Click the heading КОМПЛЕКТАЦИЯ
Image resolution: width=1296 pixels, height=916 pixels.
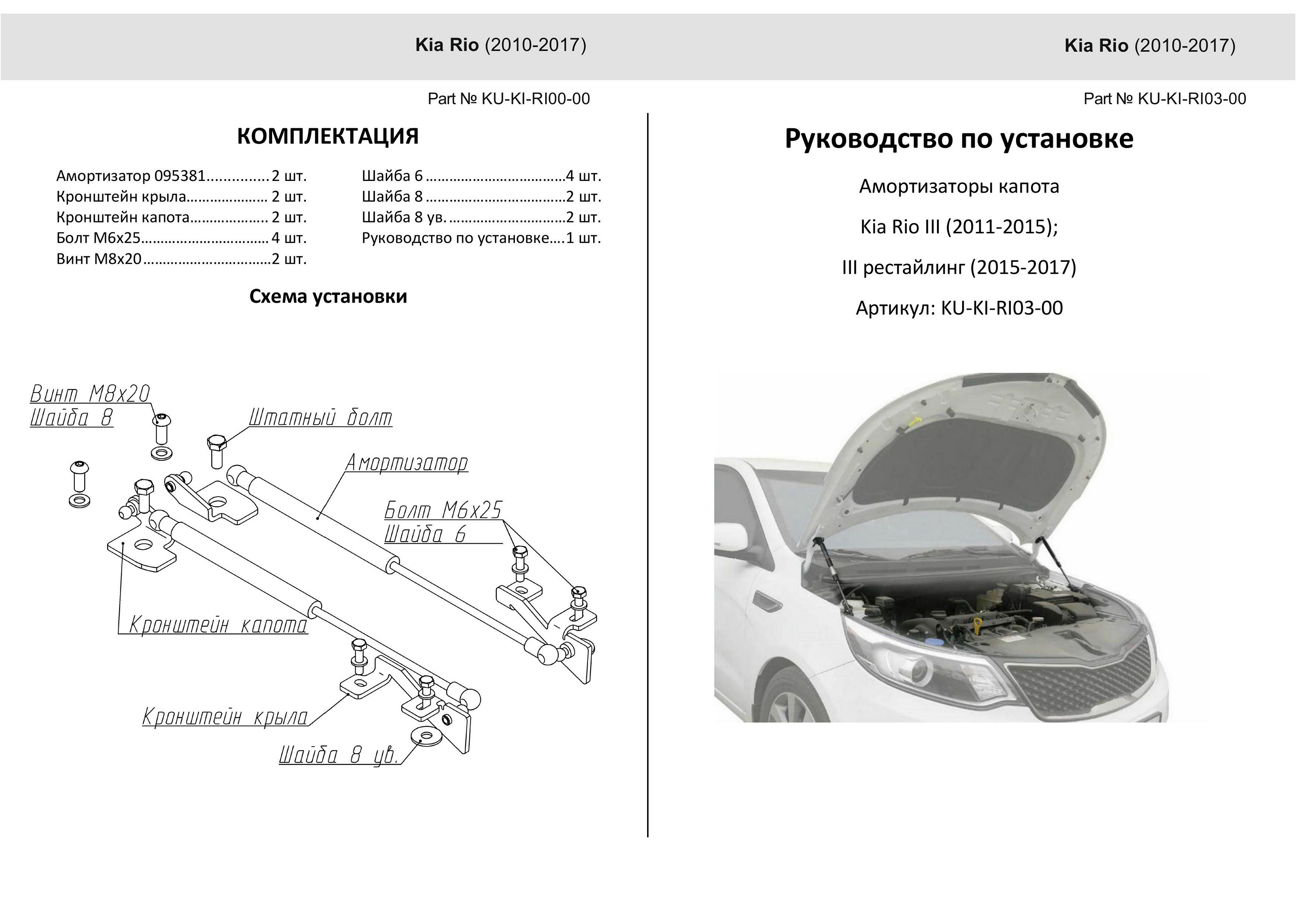327,136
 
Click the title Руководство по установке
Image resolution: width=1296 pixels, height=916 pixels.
959,139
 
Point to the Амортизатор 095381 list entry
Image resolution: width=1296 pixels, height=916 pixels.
181,176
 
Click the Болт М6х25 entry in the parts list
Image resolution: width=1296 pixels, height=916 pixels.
181,238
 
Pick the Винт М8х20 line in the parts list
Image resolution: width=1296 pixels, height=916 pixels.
181,259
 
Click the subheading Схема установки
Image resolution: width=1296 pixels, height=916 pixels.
328,296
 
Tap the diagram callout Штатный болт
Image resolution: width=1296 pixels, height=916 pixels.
320,418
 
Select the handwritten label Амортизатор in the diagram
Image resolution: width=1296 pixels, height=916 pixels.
407,463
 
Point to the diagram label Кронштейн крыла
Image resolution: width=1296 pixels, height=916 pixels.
225,717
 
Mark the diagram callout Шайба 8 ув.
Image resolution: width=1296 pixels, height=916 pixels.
339,756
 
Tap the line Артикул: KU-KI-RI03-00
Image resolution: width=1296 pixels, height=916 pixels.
959,308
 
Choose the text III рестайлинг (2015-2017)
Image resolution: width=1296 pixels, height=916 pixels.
959,267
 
